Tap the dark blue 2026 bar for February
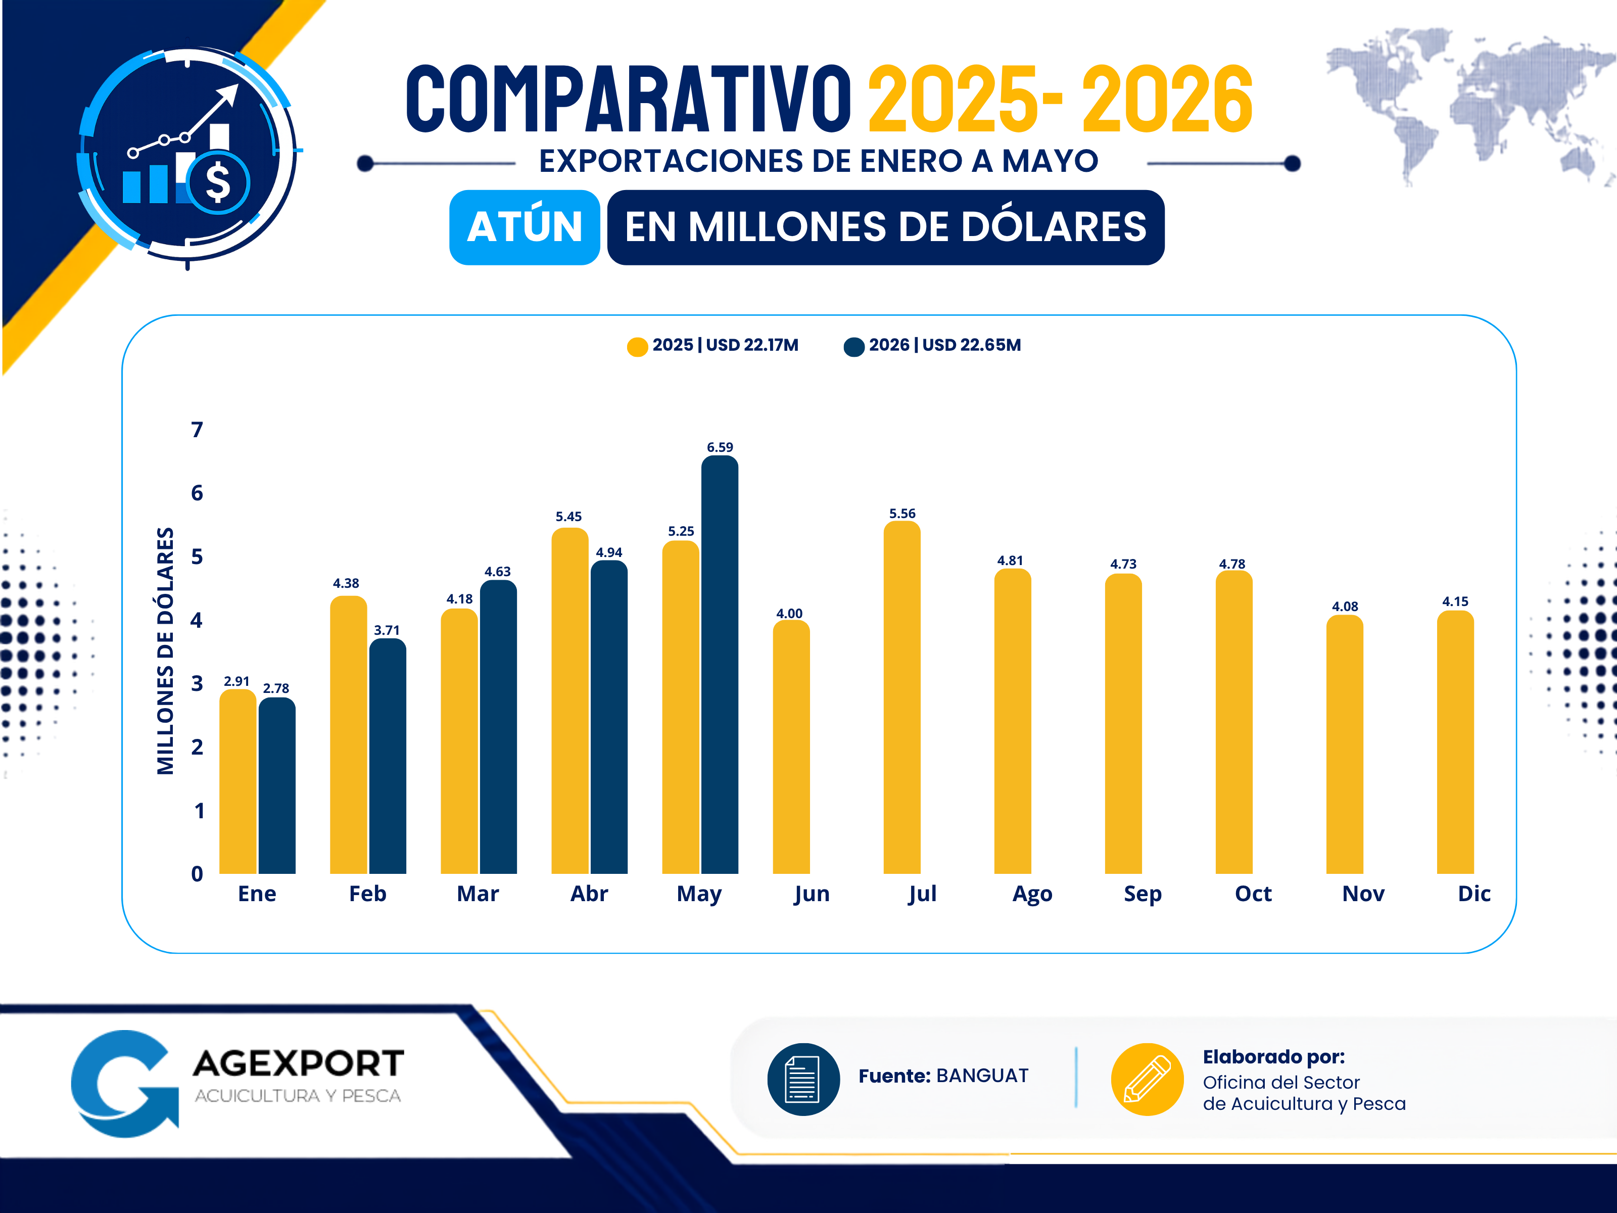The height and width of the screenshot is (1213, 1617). (388, 756)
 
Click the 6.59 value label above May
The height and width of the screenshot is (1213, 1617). (720, 447)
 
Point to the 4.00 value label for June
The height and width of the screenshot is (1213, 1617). (789, 614)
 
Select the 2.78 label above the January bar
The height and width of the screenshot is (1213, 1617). (276, 688)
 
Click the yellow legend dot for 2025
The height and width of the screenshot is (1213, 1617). (637, 347)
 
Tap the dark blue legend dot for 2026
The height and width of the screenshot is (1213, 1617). (854, 347)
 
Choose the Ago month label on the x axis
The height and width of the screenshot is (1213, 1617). (1032, 894)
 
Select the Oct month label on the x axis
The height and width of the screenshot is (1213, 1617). (1253, 894)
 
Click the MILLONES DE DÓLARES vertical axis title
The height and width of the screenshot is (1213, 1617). (166, 651)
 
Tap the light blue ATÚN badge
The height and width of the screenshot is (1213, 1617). (525, 227)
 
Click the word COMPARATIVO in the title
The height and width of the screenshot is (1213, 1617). (629, 99)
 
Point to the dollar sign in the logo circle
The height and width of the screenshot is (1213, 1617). (218, 182)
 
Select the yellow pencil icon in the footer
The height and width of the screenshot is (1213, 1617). (1147, 1079)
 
